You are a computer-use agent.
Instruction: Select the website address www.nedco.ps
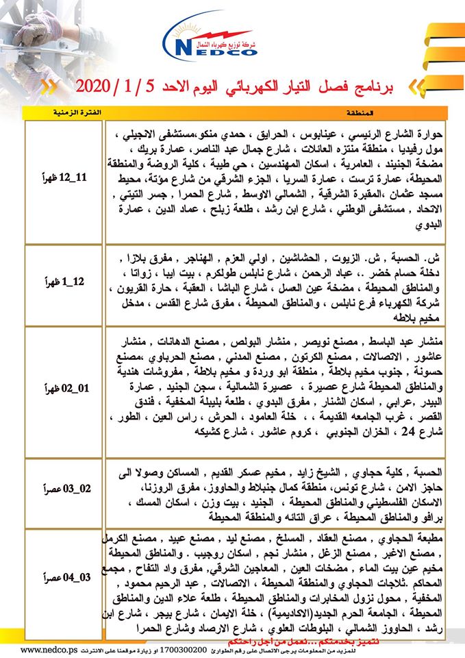40,647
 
